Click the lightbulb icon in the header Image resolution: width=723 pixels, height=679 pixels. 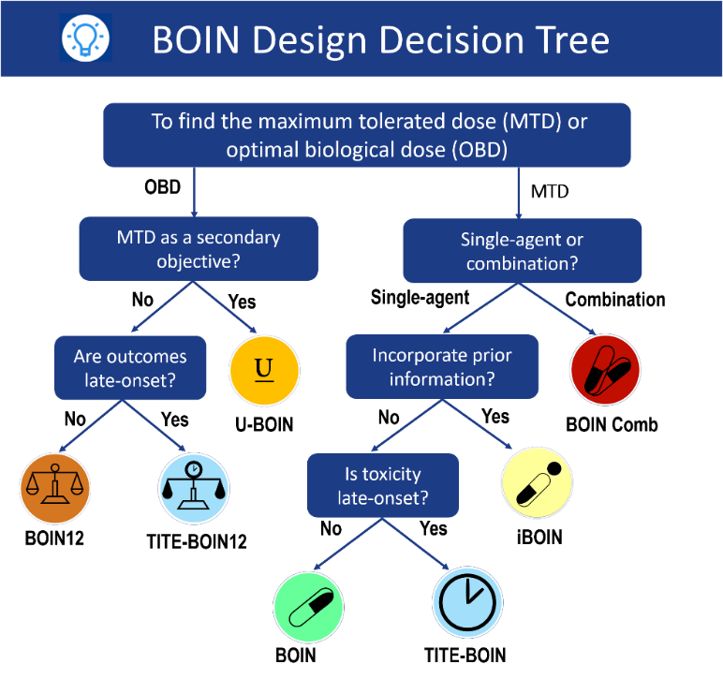85,38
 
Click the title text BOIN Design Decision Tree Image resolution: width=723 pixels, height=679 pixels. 381,40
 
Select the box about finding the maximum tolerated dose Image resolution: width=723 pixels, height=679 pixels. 366,135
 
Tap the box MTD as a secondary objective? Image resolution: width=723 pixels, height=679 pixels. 198,248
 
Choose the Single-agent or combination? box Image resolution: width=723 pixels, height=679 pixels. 522,250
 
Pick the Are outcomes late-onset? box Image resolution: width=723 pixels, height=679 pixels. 130,367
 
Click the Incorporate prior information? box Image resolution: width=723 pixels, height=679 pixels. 441,367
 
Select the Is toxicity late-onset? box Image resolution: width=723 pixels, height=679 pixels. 382,485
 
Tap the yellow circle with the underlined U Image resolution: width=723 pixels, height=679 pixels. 264,370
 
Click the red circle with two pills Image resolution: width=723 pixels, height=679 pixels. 605,370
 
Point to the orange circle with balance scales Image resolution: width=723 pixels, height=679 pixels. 55,488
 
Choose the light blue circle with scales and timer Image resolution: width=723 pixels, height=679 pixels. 194,488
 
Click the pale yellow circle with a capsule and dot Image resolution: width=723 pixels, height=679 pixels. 537,482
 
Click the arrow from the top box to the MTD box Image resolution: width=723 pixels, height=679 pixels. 194,192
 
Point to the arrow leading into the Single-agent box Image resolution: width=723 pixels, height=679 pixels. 518,192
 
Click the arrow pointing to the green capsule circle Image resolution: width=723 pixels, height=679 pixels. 347,543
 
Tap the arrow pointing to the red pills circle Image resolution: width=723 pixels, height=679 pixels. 559,309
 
